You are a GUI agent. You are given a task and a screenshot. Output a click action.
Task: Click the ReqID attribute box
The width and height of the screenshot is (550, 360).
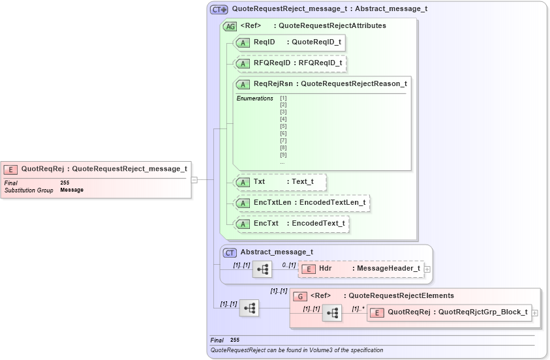point(289,42)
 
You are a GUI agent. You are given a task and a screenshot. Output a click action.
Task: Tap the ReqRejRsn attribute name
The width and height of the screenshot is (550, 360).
point(273,84)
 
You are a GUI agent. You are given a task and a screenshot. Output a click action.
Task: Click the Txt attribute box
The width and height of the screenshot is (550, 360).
point(279,182)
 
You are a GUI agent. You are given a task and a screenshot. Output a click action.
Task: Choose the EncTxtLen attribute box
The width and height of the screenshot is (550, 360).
point(301,203)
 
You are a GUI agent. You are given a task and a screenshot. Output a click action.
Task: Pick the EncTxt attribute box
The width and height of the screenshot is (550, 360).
point(291,224)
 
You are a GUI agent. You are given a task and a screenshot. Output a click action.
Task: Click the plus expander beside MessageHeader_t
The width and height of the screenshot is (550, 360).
point(427,269)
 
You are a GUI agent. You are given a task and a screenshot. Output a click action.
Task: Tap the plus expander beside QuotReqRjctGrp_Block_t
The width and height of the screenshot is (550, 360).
point(535,312)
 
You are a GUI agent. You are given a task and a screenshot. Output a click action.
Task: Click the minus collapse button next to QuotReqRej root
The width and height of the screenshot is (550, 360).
point(194,179)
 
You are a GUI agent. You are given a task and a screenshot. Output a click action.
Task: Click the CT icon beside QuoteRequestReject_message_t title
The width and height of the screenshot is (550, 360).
point(219,10)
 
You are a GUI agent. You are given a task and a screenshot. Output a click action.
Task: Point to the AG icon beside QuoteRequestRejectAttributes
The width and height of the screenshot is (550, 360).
point(230,27)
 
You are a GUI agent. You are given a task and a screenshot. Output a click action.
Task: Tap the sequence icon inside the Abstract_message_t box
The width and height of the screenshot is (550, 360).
point(262,269)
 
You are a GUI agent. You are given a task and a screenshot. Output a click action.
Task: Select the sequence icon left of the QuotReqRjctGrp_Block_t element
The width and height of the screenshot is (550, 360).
point(332,313)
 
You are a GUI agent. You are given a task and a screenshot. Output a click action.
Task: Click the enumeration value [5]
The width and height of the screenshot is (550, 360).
point(283,127)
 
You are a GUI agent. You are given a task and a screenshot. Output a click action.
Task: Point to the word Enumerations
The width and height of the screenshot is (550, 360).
point(254,98)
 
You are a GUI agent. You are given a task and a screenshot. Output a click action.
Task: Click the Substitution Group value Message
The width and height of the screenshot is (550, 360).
point(72,190)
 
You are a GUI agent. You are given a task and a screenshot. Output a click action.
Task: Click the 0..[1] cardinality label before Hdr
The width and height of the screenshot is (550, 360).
point(288,264)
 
